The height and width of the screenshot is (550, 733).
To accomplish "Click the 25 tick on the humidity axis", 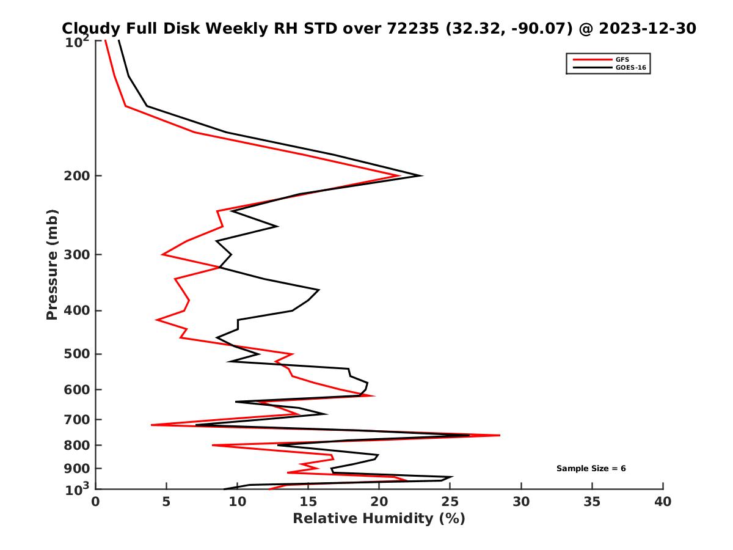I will click(x=450, y=502).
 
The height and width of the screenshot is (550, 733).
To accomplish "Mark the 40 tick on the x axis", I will click(x=663, y=502).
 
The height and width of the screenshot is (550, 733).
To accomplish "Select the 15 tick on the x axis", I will click(x=308, y=502).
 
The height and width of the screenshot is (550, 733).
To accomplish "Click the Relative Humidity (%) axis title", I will click(x=379, y=519).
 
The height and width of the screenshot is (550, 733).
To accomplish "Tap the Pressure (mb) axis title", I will click(x=52, y=264).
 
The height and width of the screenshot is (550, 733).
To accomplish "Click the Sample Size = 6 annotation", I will click(x=591, y=468).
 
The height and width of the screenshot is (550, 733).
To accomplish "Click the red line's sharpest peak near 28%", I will click(x=500, y=435).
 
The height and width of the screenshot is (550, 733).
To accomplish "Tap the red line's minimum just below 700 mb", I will click(x=151, y=425).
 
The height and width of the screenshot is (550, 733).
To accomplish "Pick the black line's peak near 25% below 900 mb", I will click(x=452, y=477).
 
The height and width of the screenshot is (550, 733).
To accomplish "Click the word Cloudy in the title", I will click(x=92, y=28).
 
